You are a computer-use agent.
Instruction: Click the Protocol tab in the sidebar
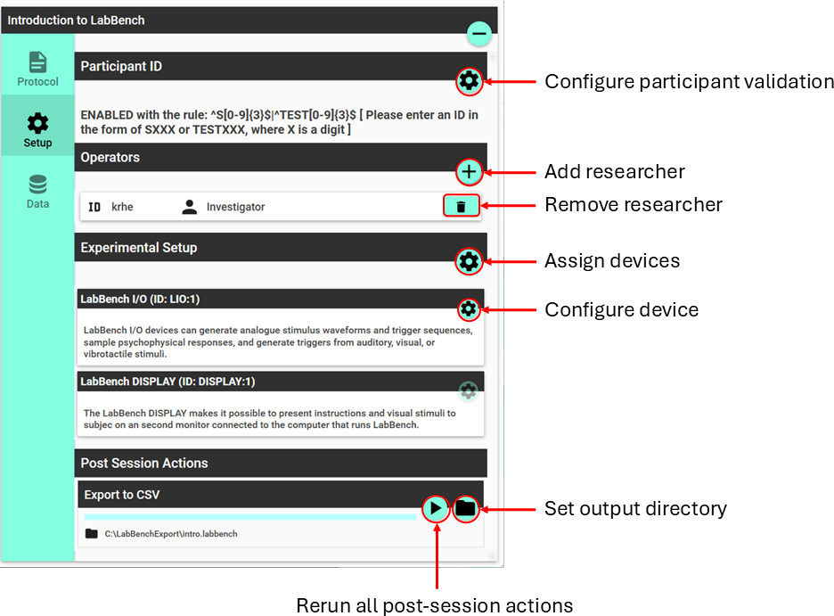[x=37, y=70]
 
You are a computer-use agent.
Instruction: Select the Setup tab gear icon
[x=37, y=123]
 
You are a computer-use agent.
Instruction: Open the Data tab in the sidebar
[x=37, y=192]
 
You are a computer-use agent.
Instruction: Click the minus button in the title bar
[x=478, y=34]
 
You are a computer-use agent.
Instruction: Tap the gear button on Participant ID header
[x=469, y=81]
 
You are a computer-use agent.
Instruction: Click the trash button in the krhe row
[x=462, y=207]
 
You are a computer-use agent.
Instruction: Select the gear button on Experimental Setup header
[x=469, y=261]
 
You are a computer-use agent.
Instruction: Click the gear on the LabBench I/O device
[x=469, y=309]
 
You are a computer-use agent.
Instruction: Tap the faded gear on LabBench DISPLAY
[x=468, y=391]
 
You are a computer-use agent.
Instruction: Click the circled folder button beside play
[x=465, y=508]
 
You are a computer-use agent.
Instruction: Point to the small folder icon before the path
[x=92, y=534]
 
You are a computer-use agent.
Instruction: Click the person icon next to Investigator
[x=190, y=207]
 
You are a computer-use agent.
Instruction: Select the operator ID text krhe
[x=122, y=207]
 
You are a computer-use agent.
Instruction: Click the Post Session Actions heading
[x=144, y=464]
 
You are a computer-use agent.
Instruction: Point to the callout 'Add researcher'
[x=615, y=172]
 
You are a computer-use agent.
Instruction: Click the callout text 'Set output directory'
[x=635, y=508]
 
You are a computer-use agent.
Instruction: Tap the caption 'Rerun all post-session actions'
[x=435, y=605]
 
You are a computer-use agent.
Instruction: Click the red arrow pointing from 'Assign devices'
[x=509, y=261]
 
